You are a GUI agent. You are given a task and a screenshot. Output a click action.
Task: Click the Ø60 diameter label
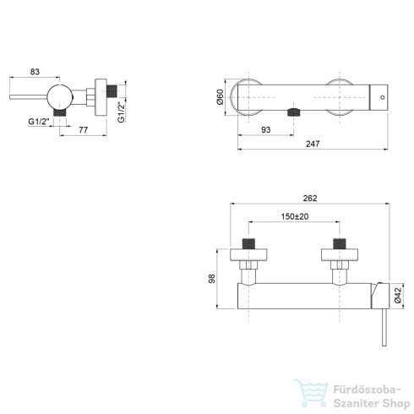click(222, 97)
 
